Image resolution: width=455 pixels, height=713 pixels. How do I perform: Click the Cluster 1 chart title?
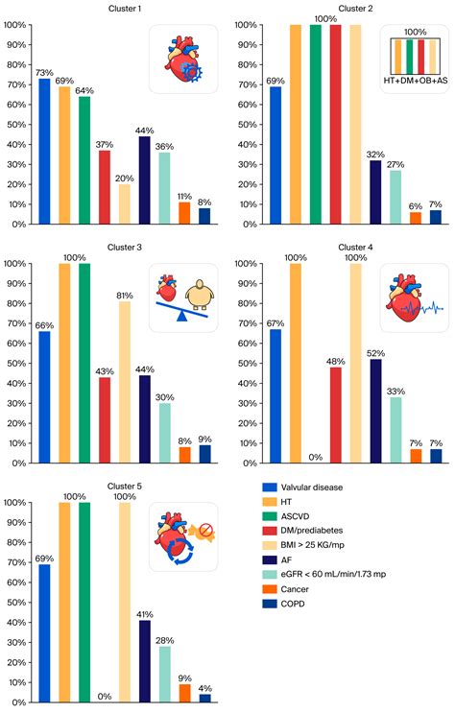[x=128, y=9]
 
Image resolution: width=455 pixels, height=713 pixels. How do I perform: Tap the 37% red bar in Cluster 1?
[x=104, y=187]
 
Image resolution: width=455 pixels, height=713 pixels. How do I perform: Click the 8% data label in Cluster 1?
[x=204, y=202]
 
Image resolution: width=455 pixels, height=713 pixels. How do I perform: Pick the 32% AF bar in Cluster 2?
[x=376, y=192]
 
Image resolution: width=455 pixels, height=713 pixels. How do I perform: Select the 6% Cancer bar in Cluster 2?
[x=416, y=218]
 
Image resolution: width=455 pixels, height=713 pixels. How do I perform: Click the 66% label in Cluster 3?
[x=43, y=324]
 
